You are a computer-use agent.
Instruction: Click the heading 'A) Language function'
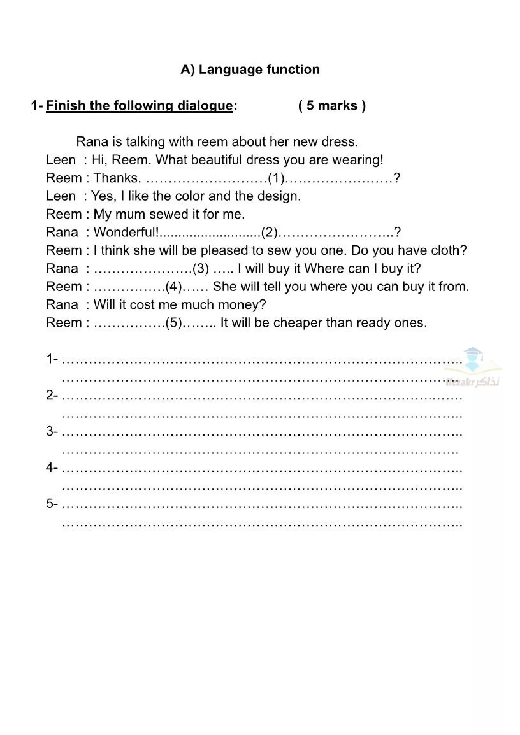250,70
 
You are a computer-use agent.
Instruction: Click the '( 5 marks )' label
332,106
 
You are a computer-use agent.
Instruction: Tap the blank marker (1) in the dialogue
276,178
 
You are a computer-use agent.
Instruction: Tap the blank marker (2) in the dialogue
270,232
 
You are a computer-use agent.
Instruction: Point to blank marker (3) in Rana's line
201,268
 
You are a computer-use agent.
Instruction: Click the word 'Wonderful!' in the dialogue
126,232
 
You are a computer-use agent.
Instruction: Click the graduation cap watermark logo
473,360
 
